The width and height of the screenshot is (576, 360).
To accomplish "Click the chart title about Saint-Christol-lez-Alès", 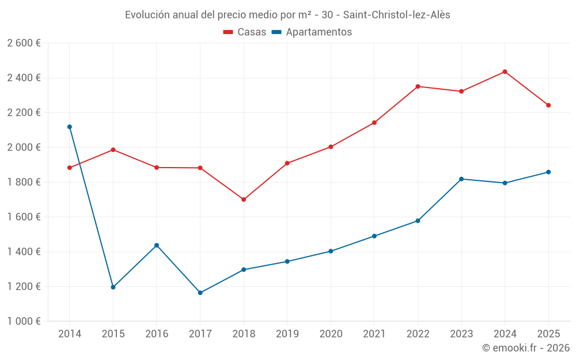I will (287, 14).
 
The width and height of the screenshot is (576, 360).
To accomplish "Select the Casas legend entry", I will (245, 32).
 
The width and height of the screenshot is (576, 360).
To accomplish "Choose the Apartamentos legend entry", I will (312, 32).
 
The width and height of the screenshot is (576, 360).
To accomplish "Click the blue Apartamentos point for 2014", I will (70, 127).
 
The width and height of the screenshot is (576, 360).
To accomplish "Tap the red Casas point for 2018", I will (244, 199).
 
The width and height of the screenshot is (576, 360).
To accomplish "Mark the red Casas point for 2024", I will (505, 71).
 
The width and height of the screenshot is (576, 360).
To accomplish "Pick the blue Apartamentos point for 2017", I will (200, 293).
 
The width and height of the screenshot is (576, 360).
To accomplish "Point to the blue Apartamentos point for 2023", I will (461, 179).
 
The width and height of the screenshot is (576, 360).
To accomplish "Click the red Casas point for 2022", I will (418, 86).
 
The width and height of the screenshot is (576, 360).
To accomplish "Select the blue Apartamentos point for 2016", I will (157, 245).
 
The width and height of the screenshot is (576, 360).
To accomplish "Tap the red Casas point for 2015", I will (113, 150).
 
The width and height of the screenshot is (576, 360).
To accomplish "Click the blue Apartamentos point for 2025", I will (548, 172).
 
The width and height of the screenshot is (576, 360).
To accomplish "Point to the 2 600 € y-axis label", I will (24, 43).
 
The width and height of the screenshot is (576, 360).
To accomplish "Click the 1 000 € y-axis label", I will (24, 321).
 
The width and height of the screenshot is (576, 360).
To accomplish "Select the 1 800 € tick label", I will (24, 182).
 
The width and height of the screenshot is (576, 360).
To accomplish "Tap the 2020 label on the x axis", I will (331, 334).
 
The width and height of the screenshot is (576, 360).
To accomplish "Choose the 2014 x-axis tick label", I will (70, 334).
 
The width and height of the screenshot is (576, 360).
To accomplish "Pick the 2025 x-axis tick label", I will (548, 334).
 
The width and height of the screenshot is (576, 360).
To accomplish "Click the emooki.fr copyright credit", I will (525, 348).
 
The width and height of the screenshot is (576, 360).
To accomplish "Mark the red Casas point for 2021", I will (374, 123).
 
